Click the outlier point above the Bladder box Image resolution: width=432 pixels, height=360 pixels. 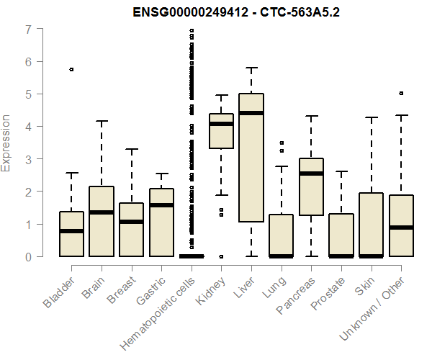point(71,69)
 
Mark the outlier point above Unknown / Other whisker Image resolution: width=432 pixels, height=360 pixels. point(401,93)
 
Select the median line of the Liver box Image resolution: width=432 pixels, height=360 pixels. point(251,113)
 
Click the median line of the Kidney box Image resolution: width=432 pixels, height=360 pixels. point(221,124)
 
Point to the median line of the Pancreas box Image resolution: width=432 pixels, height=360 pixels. point(311,174)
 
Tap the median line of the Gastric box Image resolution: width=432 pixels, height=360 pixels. point(161,205)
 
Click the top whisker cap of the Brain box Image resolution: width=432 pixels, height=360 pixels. point(102,121)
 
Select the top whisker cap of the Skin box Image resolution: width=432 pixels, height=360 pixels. point(372,117)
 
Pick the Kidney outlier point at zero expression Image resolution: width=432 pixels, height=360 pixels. point(221,256)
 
